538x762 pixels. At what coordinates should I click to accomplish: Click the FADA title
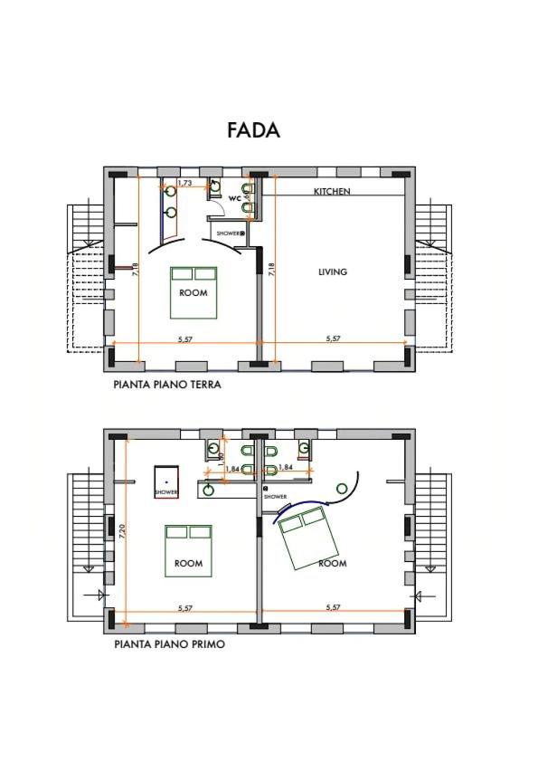[253, 130]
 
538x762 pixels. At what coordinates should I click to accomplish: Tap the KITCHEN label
[332, 192]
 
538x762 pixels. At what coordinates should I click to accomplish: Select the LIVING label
[333, 271]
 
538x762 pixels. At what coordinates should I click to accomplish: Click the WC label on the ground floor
[235, 199]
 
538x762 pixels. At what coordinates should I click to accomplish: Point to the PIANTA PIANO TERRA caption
[167, 385]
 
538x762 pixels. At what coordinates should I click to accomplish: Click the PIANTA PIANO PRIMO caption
[169, 644]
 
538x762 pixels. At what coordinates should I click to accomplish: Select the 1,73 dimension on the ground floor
[184, 183]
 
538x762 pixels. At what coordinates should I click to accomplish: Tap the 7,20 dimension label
[122, 530]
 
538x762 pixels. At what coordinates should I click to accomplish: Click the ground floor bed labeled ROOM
[193, 292]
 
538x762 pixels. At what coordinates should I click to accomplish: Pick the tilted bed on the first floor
[307, 537]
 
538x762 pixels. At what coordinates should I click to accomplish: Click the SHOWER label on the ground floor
[228, 233]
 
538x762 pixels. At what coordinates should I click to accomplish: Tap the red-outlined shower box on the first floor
[166, 482]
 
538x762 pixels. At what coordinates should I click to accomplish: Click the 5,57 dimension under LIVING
[333, 338]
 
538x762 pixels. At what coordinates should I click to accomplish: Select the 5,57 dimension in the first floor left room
[185, 608]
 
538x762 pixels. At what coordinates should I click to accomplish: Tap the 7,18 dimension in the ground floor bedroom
[135, 271]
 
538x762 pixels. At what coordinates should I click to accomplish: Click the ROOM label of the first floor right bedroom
[333, 563]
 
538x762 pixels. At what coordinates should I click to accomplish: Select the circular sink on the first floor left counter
[209, 490]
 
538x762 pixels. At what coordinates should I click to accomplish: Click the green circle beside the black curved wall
[343, 489]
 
